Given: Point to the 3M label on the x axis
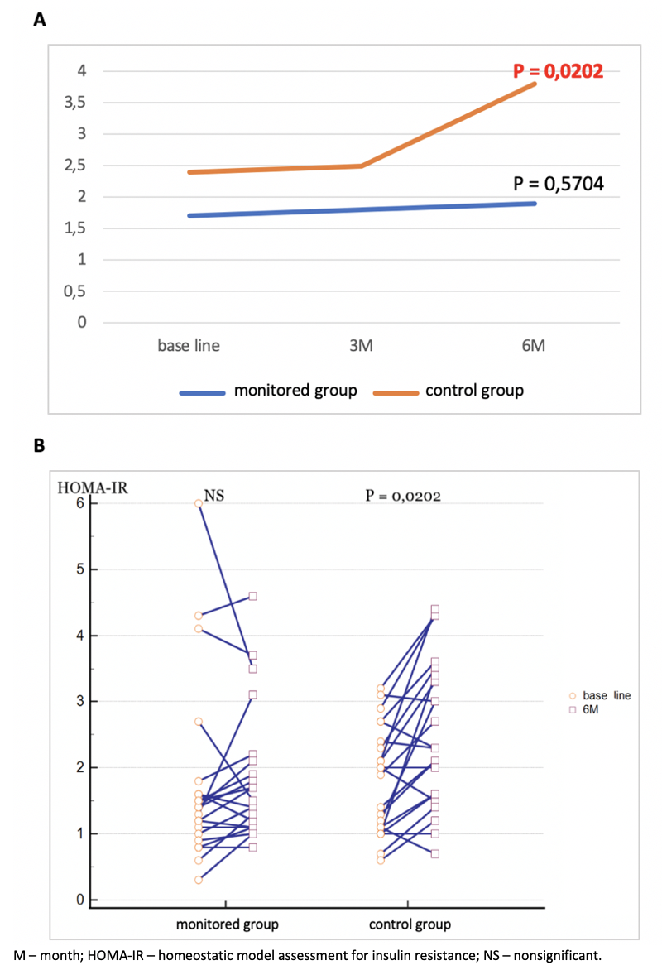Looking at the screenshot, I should tap(362, 346).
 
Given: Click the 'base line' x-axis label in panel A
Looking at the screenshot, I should tap(189, 346).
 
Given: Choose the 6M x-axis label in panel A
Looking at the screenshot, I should tap(535, 346).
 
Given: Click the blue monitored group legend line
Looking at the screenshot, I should tap(202, 391).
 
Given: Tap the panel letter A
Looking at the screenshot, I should tap(38, 22).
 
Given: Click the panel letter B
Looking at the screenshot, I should tap(38, 445).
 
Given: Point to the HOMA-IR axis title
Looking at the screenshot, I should tap(91, 486).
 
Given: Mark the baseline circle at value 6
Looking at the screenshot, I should tap(199, 503).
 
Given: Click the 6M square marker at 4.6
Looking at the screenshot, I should tap(253, 596).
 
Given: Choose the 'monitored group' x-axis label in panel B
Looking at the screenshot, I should tap(227, 924).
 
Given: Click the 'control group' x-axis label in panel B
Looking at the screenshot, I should tap(410, 924).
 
